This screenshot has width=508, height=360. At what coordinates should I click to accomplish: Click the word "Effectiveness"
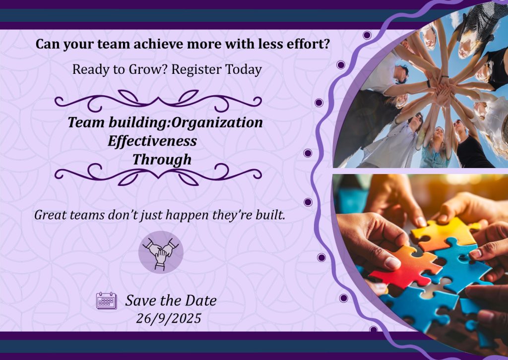(x=152, y=141)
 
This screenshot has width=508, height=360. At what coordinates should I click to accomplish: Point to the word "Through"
(x=162, y=160)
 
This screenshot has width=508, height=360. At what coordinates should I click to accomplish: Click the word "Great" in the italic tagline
(x=48, y=215)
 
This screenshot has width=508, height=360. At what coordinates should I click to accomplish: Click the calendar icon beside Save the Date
(x=107, y=300)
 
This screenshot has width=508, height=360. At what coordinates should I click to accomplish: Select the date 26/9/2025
(x=169, y=318)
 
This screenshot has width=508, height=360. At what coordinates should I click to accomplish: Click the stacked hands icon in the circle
(x=161, y=252)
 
